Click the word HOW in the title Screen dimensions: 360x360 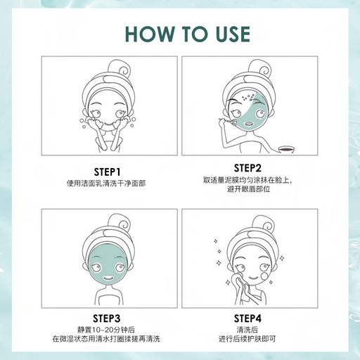tap(150, 34)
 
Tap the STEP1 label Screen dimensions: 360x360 tap(107, 172)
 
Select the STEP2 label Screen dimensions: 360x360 tap(247, 168)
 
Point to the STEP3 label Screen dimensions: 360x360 tap(107, 319)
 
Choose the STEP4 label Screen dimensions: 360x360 tap(247, 319)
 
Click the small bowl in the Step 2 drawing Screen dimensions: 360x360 tap(286, 150)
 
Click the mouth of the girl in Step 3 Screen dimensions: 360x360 tap(108, 278)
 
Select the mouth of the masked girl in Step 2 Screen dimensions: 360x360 tap(249, 123)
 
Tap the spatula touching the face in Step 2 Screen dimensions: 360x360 tap(227, 121)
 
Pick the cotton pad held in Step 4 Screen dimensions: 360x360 tap(238, 278)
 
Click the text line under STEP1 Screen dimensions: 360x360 tap(106, 184)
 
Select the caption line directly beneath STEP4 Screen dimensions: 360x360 tap(247, 330)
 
